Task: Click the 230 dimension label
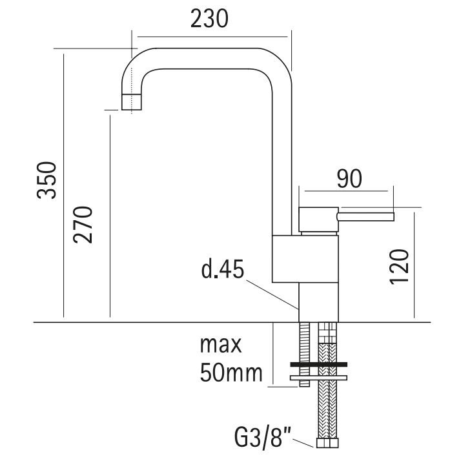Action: [209, 19]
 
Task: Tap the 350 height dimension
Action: [46, 180]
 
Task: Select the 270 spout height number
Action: [83, 225]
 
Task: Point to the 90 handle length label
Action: [349, 179]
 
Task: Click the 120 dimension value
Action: [399, 267]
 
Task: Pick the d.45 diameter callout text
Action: [223, 269]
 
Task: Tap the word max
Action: [221, 345]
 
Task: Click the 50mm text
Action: [231, 373]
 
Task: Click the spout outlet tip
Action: [132, 102]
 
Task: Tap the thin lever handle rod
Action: [365, 217]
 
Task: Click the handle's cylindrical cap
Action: [318, 220]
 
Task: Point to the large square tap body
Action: [305, 259]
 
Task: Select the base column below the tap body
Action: [319, 302]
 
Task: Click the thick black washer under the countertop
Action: [319, 364]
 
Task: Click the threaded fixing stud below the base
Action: [305, 354]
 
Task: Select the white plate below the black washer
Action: [319, 378]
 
